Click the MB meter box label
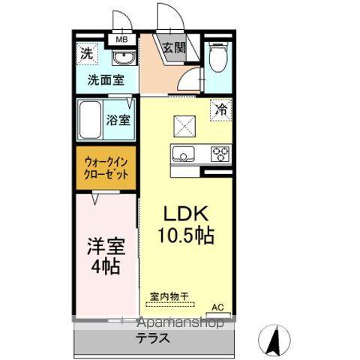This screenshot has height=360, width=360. pos(121,39)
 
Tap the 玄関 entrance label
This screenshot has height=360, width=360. pos(173,47)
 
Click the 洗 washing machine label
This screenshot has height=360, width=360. pos(88,54)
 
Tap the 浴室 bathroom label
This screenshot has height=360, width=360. pos(118,118)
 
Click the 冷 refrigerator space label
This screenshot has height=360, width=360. pos(221,109)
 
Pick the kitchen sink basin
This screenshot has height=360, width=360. pos(184,155)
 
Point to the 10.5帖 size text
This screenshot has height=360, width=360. pos(184,236)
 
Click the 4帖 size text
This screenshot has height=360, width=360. pos(106,265)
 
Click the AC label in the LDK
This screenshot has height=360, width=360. pos(217,307)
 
